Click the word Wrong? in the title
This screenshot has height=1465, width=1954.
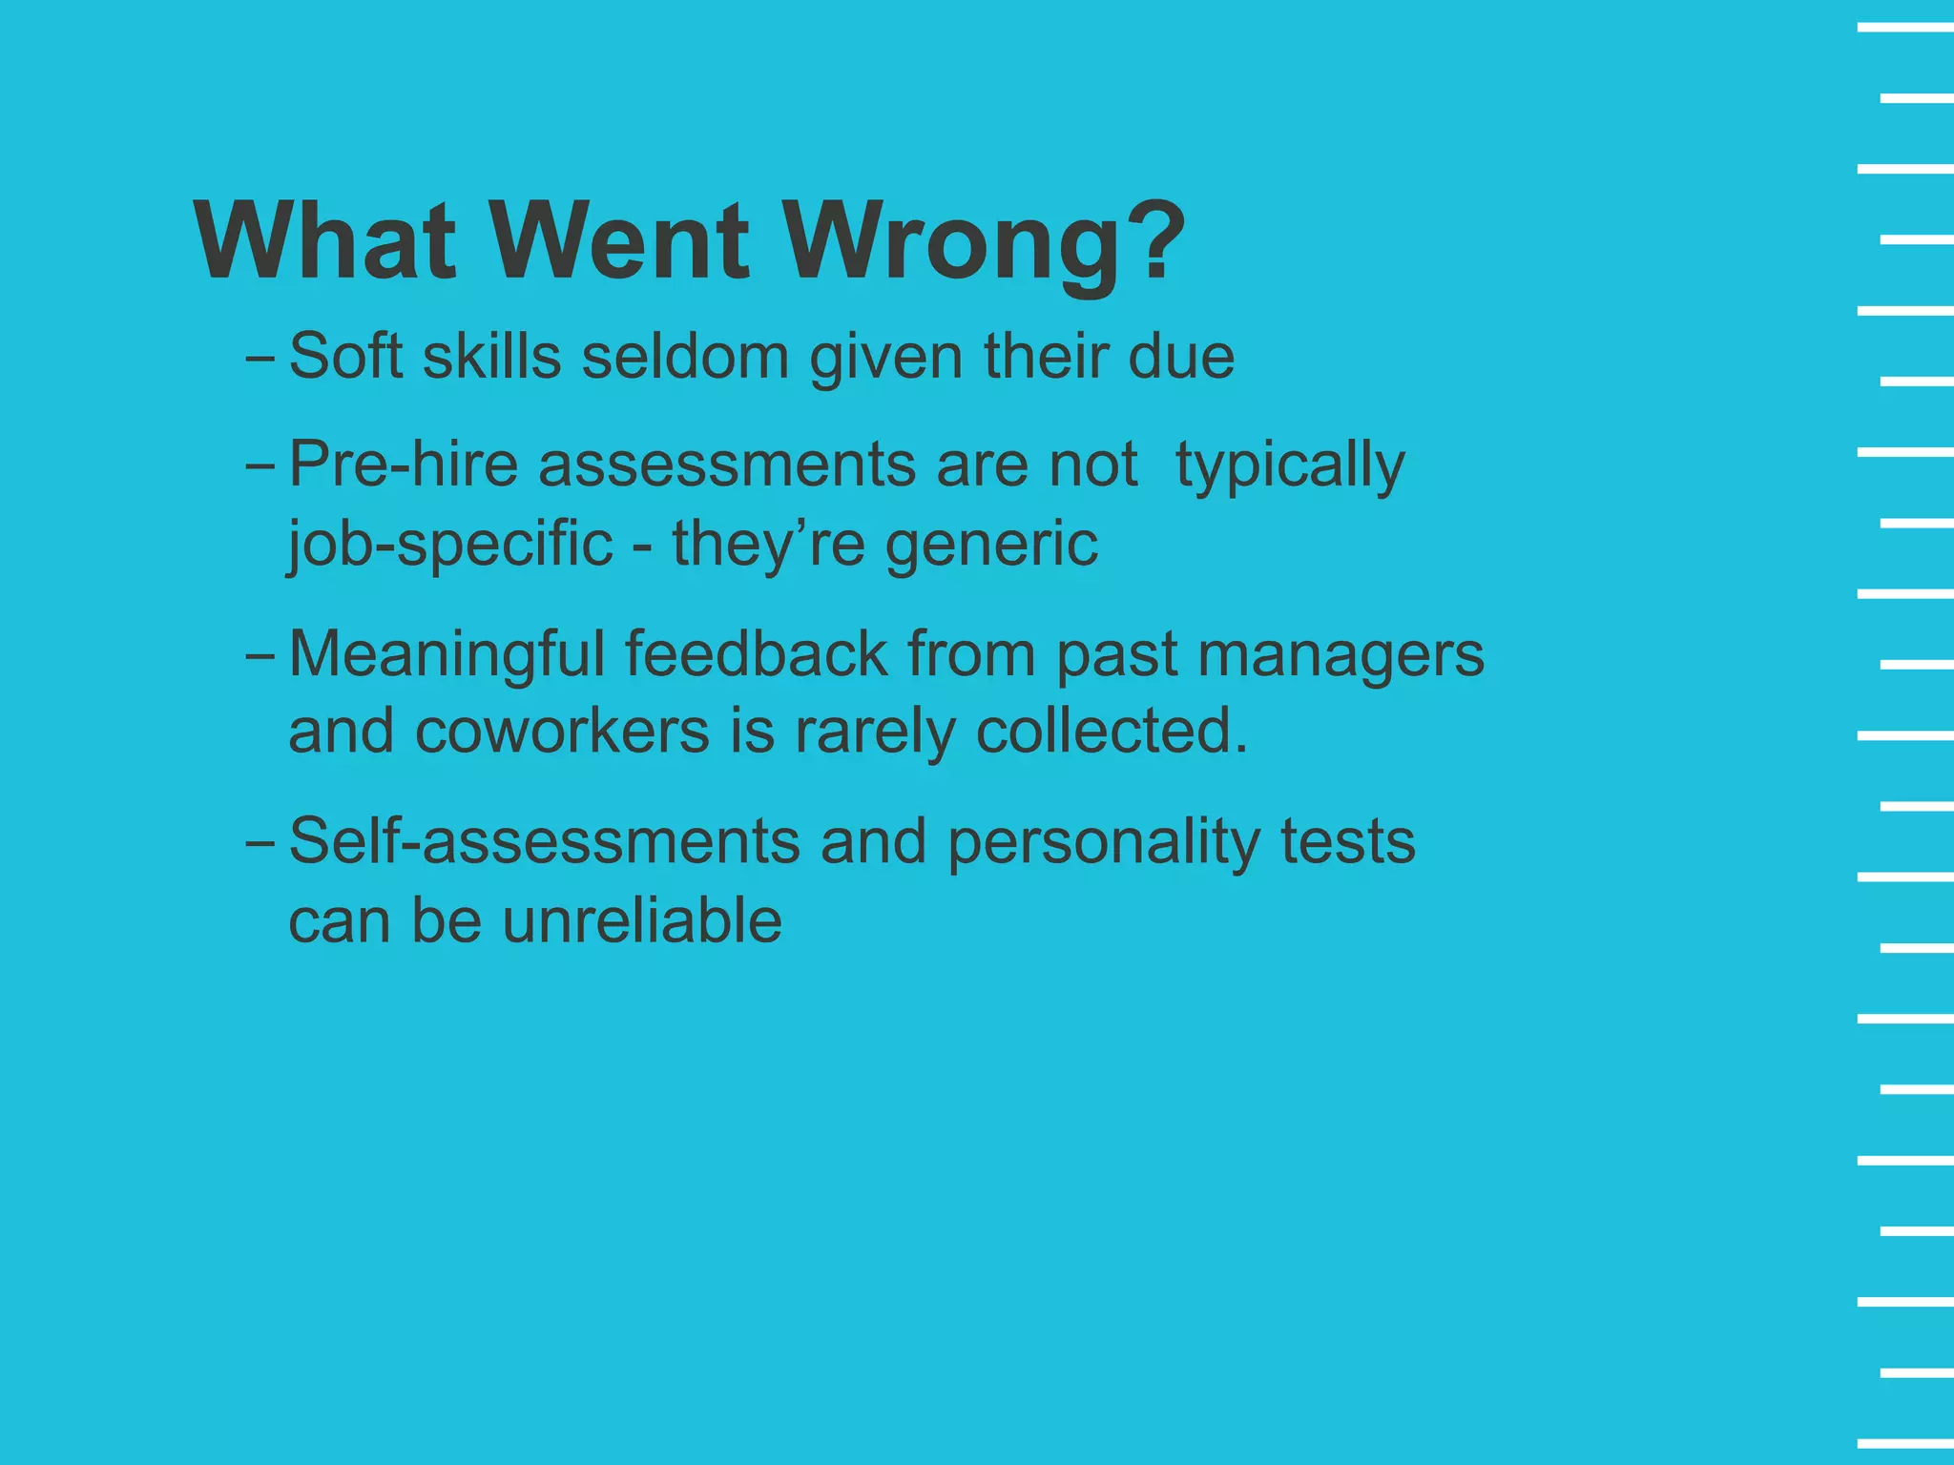click(984, 241)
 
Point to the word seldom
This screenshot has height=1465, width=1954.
click(685, 357)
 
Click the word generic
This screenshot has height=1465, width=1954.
click(991, 546)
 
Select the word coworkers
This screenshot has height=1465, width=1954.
click(563, 732)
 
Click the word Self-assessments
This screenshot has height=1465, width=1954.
click(544, 842)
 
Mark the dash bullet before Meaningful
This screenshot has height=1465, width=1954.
click(260, 656)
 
